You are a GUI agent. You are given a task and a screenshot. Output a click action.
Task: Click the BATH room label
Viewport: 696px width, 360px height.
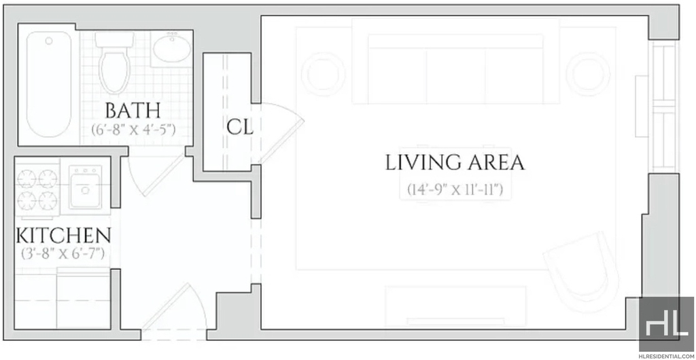(133, 111)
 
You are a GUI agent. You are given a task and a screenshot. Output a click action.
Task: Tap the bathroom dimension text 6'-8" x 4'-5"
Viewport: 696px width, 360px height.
(134, 130)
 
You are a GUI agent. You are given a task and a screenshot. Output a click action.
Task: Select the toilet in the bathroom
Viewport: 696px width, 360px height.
(114, 62)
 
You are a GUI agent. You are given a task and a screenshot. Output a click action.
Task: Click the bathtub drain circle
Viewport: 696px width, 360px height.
(49, 41)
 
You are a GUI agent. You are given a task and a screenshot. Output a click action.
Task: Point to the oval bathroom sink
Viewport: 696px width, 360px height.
(172, 49)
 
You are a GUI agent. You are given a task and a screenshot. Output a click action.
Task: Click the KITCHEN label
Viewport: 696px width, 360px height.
(63, 236)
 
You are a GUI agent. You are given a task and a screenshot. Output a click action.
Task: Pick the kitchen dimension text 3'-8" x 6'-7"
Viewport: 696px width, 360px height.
(63, 254)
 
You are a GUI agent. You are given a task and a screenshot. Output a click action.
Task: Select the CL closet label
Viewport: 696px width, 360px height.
(240, 128)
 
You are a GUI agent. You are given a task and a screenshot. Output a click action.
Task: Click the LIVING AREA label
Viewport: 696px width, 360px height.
(455, 163)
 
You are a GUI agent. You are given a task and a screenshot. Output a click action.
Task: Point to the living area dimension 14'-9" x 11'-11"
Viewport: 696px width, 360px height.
(455, 190)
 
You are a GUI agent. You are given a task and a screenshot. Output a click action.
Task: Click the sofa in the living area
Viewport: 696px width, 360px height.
(455, 61)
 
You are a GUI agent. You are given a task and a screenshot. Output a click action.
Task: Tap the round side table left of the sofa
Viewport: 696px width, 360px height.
(323, 73)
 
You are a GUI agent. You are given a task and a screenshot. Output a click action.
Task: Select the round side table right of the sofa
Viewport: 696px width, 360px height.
(589, 73)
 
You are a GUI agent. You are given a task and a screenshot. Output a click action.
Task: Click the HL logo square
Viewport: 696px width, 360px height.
(667, 324)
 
